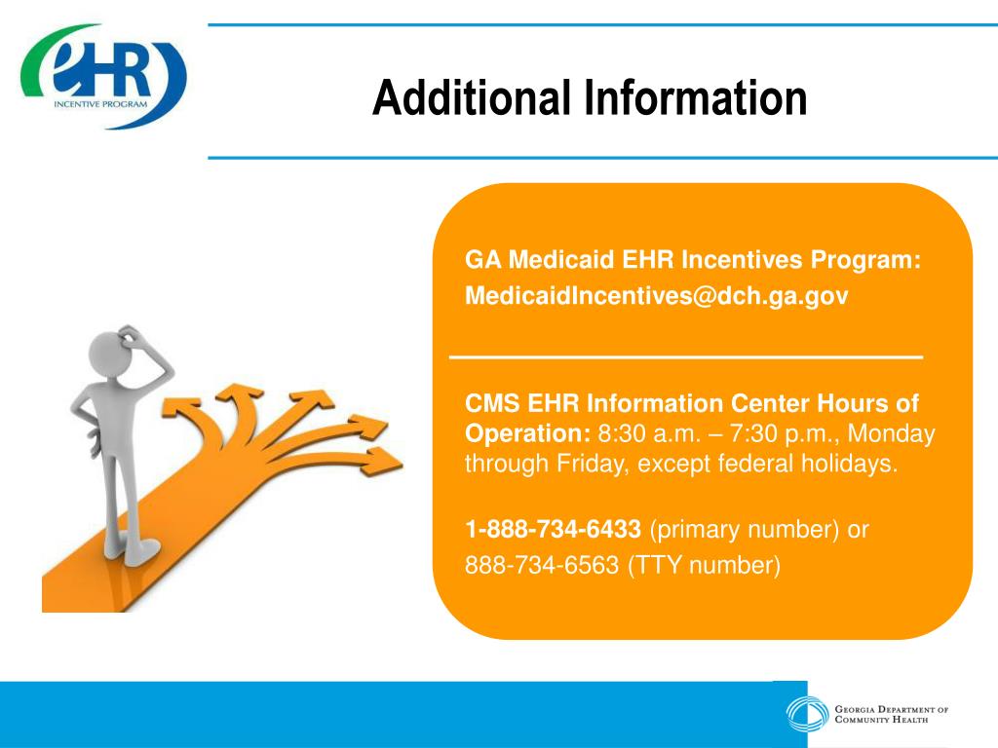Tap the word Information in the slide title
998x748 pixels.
tap(696, 98)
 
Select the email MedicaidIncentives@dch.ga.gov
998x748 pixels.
tap(656, 295)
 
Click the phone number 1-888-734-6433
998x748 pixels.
tap(553, 530)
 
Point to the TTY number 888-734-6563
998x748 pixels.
tap(542, 565)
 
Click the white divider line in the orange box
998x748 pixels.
tap(685, 358)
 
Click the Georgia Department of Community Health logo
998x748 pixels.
tap(867, 715)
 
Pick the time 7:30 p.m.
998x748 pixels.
tap(761, 434)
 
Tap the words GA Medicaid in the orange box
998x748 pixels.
tap(520, 260)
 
